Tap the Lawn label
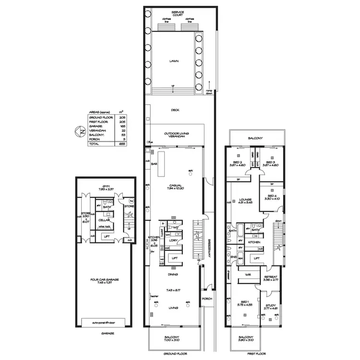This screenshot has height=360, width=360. coord(173,61)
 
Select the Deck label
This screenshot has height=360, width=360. coord(175,110)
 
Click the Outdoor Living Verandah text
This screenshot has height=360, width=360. coord(176,135)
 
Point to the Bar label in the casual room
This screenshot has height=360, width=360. coord(155,164)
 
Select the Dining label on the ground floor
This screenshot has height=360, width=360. coord(173,274)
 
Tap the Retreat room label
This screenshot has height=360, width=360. coord(271,278)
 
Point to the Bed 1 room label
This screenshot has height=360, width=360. coord(244,303)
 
